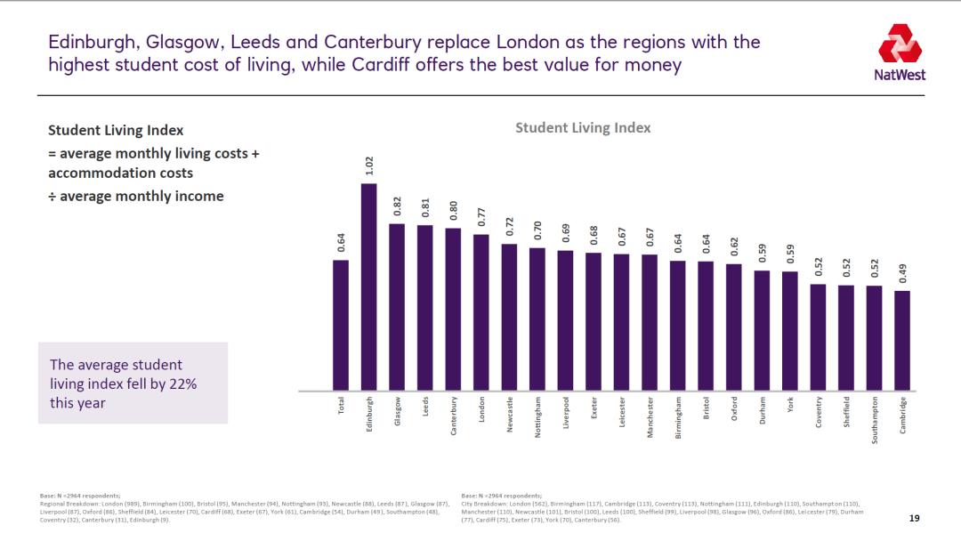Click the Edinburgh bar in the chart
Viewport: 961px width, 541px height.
pos(369,287)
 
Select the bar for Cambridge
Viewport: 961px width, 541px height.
pos(902,340)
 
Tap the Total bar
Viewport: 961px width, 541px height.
pos(341,325)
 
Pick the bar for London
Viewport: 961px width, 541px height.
pos(480,312)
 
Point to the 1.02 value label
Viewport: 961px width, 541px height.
pos(369,166)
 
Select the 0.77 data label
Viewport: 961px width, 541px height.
pos(480,216)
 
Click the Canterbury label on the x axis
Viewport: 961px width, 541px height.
pos(454,416)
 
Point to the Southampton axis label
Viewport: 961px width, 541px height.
pos(875,420)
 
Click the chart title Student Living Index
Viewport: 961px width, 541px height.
pos(583,127)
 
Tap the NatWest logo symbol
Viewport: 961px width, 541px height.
pos(900,44)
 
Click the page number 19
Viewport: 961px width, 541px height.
pos(914,518)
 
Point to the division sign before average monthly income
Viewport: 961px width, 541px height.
pos(52,197)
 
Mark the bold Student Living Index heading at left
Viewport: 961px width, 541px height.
pos(116,131)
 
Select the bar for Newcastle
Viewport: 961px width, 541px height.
pos(509,317)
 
